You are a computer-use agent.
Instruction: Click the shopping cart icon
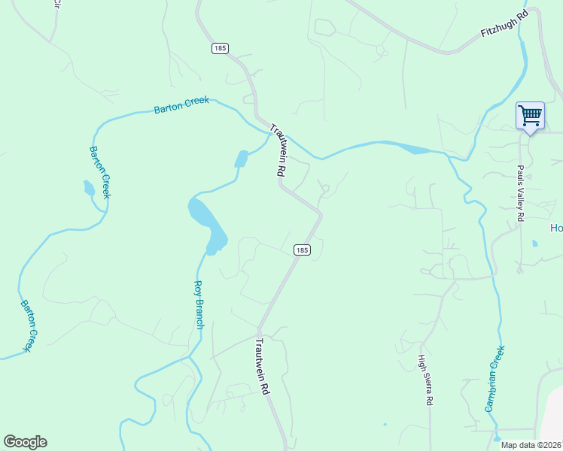530,116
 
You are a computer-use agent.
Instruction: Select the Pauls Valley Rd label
520,194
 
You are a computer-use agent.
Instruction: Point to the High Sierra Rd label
426,380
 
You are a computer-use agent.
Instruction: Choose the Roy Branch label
199,304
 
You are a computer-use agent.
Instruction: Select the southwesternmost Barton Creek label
28,326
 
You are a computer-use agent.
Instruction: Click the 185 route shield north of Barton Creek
219,48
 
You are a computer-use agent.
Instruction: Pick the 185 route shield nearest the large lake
301,250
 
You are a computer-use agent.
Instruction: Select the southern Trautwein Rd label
261,367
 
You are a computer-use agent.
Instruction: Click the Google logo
25,442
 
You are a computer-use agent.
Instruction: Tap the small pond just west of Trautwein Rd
242,159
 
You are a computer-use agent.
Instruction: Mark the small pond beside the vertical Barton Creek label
89,188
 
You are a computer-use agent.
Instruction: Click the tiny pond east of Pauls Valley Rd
534,244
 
